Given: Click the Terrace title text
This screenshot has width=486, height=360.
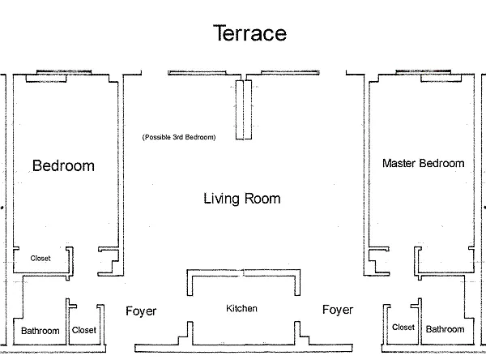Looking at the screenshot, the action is click(249, 33).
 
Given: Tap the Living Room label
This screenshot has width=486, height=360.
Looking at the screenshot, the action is click(242, 199).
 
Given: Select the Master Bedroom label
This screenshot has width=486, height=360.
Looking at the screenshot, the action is click(424, 163).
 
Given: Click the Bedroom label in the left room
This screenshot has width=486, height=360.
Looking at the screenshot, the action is click(63, 165).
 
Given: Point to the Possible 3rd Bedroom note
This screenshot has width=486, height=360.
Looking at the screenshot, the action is click(179, 137).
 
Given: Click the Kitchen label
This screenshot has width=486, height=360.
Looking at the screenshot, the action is click(241, 308).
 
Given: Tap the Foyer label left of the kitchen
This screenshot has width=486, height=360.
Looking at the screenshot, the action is click(141, 311).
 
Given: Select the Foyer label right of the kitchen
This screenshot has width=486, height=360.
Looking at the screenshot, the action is click(338, 310).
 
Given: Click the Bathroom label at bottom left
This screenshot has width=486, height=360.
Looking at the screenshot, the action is click(40, 331).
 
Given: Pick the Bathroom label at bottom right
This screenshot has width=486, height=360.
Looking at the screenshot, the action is click(445, 329).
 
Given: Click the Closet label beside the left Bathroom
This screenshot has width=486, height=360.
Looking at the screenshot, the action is click(84, 330).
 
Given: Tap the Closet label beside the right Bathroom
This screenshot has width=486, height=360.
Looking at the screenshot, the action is click(403, 328).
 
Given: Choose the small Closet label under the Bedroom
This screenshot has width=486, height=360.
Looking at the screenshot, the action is click(40, 258).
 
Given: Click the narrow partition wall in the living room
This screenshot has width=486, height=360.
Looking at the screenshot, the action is click(244, 109).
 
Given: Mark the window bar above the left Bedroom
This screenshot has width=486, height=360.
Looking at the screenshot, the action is click(64, 72).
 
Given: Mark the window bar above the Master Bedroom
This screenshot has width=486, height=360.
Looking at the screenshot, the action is click(424, 71).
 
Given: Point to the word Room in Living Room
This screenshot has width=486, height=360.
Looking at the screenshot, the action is click(262, 199).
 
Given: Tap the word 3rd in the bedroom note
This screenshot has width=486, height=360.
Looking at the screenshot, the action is click(178, 137).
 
